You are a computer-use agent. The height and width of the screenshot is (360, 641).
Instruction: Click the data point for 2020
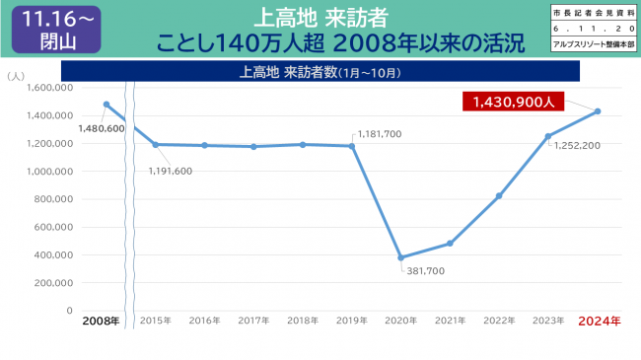pos(400,257)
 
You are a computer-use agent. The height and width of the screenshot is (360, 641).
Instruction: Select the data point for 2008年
pos(106,104)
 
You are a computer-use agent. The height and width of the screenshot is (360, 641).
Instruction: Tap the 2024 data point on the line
pos(598,111)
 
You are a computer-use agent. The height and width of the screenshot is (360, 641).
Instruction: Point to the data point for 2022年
pos(499,195)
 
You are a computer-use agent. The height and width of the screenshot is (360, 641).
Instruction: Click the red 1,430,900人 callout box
pos(514,101)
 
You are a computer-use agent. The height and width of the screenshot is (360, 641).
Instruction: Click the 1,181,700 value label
pos(380,133)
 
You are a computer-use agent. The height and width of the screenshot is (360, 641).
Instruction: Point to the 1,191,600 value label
pos(171,171)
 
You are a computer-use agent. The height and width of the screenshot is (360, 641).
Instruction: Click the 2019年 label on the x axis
pos(352,322)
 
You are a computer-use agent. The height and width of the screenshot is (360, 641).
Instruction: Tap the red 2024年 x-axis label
pos(599,322)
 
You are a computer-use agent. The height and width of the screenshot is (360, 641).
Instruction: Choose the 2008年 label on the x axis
pos(102,322)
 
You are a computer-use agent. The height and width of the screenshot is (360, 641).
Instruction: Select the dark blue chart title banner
pos(320,72)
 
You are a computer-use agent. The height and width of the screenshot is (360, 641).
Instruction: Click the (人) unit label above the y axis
pos(16,75)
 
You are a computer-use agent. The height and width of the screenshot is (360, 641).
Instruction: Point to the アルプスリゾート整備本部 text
pos(596,45)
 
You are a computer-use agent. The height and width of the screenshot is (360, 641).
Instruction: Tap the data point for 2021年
pos(450,244)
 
